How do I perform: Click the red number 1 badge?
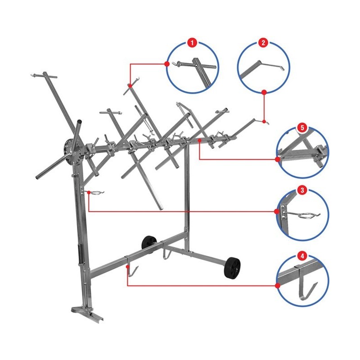192,43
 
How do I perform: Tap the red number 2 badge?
263,43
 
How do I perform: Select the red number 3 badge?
302,190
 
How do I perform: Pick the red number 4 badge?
302,256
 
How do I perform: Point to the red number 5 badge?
302,128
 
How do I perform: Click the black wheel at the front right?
232,268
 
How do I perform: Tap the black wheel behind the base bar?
149,244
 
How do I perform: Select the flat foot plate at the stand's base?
87,315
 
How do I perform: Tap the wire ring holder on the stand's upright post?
95,192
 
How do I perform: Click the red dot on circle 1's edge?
167,64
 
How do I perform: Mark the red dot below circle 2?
264,92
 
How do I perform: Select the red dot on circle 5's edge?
278,159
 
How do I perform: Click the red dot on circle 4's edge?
278,286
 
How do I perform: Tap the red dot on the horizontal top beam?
200,140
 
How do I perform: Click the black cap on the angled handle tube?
79,121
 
